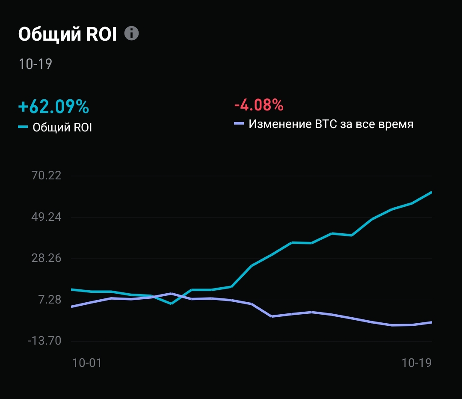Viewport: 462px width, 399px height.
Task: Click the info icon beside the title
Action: tap(132, 33)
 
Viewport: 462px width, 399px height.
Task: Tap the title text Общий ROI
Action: tap(68, 35)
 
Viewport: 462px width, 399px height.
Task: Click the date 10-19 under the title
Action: tap(35, 64)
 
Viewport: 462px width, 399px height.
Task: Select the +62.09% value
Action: tap(53, 106)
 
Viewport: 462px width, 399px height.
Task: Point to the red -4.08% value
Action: tap(258, 104)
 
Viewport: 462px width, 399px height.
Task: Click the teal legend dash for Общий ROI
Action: tap(23, 127)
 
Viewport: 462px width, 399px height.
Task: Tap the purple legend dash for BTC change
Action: tap(239, 124)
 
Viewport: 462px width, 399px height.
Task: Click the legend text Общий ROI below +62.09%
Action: tap(62, 128)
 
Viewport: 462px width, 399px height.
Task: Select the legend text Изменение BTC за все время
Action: tap(331, 125)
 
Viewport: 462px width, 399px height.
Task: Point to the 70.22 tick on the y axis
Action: tap(47, 176)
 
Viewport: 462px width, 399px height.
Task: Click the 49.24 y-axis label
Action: tap(47, 217)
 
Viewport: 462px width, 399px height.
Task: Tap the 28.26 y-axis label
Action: tap(47, 258)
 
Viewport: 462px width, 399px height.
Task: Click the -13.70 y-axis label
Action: tap(44, 341)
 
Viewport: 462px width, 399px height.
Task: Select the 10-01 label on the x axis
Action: tap(87, 363)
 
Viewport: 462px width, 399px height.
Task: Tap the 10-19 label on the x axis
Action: tap(417, 363)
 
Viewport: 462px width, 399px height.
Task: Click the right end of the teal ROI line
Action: tap(431, 192)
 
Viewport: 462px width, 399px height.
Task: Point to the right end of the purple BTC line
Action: tap(431, 322)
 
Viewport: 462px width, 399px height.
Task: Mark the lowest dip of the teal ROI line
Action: tap(171, 304)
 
